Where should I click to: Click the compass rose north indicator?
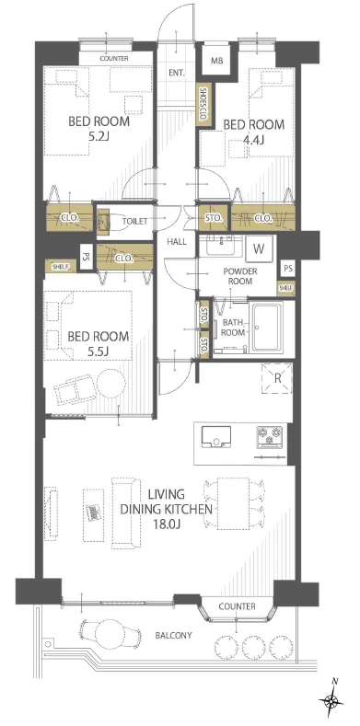tap(332, 699)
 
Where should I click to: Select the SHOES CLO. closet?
tap(202, 105)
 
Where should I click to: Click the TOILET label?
tap(134, 222)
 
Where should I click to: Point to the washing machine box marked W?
tap(259, 249)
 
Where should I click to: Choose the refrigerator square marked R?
tap(277, 378)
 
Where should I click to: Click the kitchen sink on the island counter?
tap(216, 437)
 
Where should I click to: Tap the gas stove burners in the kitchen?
tap(270, 437)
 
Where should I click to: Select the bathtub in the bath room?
tap(266, 326)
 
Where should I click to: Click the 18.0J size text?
tap(167, 525)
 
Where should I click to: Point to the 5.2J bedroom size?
tap(99, 136)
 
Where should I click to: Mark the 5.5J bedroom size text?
tap(99, 351)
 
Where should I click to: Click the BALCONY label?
tap(173, 636)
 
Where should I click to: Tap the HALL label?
tap(177, 242)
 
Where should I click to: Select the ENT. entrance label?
tap(177, 74)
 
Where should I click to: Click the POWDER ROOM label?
tap(239, 276)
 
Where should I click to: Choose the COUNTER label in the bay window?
tap(237, 606)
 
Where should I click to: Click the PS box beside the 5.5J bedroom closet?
tap(85, 256)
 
